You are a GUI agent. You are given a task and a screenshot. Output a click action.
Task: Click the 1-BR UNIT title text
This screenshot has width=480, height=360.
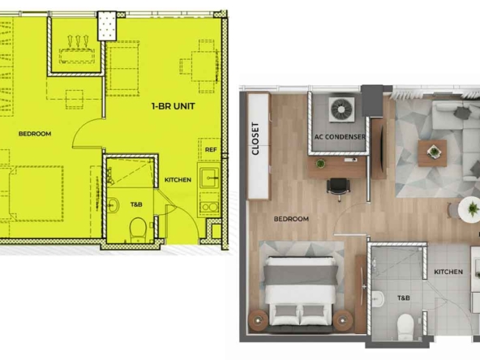[174, 106]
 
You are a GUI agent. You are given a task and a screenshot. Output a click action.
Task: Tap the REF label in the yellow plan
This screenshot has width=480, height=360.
[211, 150]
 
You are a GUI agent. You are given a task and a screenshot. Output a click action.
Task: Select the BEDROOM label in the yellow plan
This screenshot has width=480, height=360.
[35, 134]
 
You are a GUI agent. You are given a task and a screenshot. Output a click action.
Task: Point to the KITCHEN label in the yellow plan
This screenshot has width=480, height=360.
[178, 180]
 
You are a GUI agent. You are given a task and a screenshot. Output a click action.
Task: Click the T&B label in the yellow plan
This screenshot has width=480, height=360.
[136, 204]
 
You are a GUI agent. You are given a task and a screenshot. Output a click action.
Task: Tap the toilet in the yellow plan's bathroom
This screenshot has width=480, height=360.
[138, 229]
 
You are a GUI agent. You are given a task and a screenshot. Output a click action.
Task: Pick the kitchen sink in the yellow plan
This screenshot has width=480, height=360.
[209, 178]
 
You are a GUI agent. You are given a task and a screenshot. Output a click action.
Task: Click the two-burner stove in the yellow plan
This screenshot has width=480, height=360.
[209, 208]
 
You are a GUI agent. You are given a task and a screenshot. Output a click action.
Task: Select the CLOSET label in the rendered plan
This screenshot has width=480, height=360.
[255, 139]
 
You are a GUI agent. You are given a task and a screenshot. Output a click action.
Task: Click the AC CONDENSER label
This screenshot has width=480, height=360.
[340, 137]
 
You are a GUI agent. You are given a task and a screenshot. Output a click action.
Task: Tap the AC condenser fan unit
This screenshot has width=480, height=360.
[342, 109]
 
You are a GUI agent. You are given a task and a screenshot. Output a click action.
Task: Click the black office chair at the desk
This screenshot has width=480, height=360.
[338, 187]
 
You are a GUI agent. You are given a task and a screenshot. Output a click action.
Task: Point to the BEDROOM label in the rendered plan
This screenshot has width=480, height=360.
[291, 219]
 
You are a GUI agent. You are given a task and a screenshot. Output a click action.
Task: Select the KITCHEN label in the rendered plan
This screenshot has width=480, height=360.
[448, 272]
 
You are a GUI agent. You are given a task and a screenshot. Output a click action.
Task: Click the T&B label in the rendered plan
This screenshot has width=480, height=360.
[404, 298]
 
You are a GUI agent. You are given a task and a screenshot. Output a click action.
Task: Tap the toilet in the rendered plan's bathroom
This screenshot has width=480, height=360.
[405, 326]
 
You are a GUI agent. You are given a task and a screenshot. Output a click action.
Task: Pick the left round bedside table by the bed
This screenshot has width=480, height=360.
[258, 320]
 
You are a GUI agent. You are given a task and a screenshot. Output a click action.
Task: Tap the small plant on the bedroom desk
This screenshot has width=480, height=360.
[320, 163]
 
